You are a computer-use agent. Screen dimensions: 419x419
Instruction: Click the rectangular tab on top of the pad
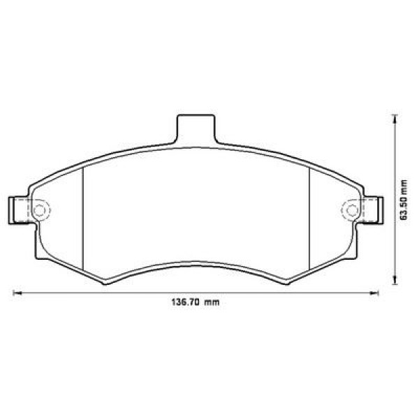(196, 129)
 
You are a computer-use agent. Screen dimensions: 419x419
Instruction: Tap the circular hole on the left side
(40, 209)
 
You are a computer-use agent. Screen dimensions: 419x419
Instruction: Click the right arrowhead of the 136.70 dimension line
(376, 292)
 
